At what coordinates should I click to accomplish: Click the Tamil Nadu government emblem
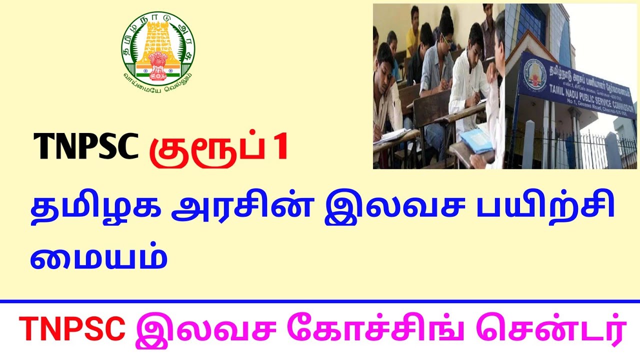pos(158,48)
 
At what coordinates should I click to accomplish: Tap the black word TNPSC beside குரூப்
pos(85,147)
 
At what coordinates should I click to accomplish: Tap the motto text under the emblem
pos(158,78)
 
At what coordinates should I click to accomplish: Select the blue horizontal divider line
pos(320,301)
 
